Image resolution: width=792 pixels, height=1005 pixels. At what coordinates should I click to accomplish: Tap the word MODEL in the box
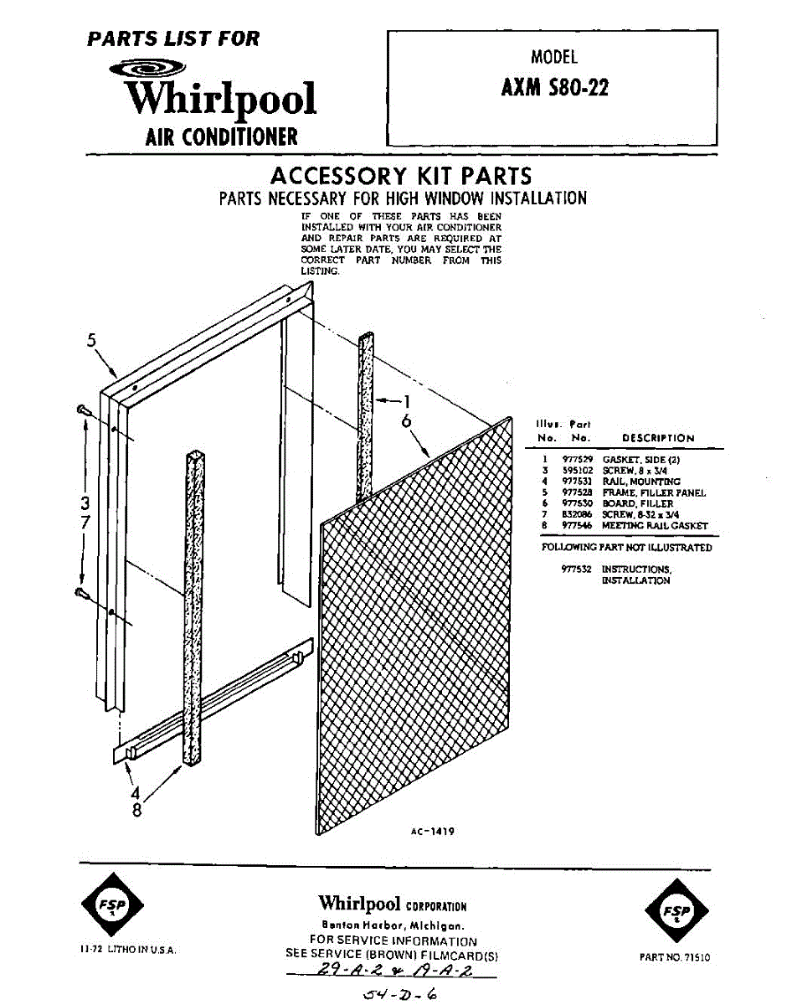554,57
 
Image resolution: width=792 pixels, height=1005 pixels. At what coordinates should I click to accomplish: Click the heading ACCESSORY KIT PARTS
401,177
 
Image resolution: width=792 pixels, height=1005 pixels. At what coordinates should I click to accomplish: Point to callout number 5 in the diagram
93,340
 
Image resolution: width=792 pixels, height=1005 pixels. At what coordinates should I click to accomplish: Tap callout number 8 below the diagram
136,811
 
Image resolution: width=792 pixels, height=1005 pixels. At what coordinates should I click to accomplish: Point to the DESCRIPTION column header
658,438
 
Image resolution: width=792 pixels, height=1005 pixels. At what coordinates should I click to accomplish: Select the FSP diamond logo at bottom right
676,911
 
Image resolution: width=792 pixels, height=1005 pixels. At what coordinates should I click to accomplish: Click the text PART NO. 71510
674,956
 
